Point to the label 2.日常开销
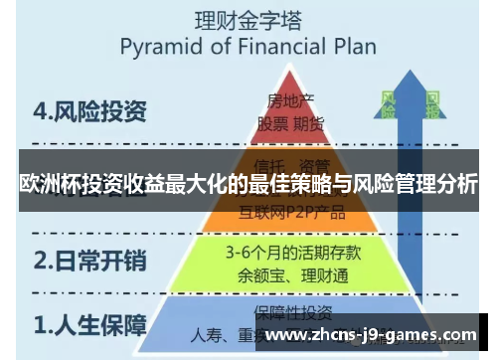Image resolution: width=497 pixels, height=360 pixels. click(x=89, y=262)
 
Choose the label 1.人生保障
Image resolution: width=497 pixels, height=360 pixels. click(x=89, y=324)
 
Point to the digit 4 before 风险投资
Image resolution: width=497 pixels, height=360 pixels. click(x=37, y=110)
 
